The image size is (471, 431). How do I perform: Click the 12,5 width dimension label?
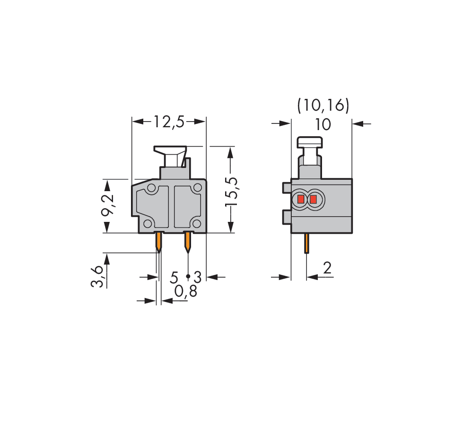click(x=169, y=122)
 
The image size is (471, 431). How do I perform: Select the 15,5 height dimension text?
click(x=232, y=192)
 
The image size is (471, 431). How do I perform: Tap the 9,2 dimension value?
click(x=108, y=204)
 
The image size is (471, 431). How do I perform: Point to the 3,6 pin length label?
click(x=97, y=276)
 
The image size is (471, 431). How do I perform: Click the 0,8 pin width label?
click(x=186, y=291)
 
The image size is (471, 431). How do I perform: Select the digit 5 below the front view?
click(x=174, y=277)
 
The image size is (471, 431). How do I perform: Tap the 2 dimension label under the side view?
click(x=327, y=267)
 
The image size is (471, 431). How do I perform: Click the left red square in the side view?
click(x=300, y=199)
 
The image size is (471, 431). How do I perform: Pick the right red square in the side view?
click(x=314, y=199)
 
